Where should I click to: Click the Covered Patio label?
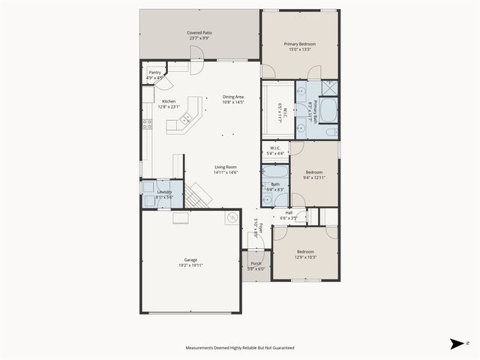click(x=199, y=34)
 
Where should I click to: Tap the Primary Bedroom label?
click(x=299, y=44)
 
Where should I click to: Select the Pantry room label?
click(x=154, y=72)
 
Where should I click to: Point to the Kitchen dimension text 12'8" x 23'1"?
click(x=169, y=106)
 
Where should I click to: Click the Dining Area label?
click(x=233, y=96)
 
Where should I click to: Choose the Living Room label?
click(x=226, y=167)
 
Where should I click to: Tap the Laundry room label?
click(x=164, y=192)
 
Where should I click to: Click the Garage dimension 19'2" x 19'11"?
click(x=190, y=265)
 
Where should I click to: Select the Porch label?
click(x=256, y=263)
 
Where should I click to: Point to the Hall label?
click(x=289, y=212)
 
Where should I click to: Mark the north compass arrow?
click(x=457, y=343)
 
